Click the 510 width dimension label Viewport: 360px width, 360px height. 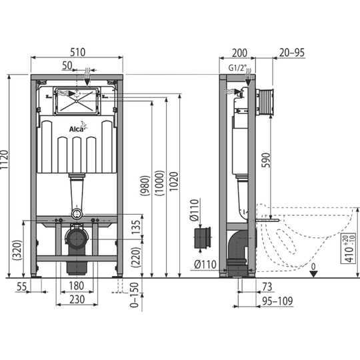pyautogui.click(x=77, y=52)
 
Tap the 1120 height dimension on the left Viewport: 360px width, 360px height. pyautogui.click(x=4, y=160)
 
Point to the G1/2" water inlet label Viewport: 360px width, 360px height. pyautogui.click(x=237, y=68)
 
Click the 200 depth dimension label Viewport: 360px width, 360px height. pyautogui.click(x=239, y=53)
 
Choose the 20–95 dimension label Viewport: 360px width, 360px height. pyautogui.click(x=292, y=53)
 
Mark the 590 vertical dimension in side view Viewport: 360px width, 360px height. pyautogui.click(x=266, y=160)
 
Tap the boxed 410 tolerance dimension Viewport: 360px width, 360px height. pyautogui.click(x=349, y=248)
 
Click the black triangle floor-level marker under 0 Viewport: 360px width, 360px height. pyautogui.click(x=313, y=274)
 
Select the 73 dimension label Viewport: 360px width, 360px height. pyautogui.click(x=267, y=287)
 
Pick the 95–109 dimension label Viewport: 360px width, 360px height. pyautogui.click(x=277, y=301)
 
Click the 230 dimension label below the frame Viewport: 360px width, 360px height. pyautogui.click(x=77, y=299)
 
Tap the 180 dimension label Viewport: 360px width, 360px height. pyautogui.click(x=77, y=286)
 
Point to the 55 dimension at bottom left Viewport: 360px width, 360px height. pyautogui.click(x=22, y=287)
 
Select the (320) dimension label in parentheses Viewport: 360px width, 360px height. pyautogui.click(x=18, y=250)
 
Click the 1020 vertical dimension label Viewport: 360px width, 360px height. pyautogui.click(x=174, y=181)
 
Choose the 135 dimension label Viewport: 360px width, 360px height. pyautogui.click(x=136, y=227)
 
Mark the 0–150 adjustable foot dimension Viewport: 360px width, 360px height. pyautogui.click(x=135, y=295)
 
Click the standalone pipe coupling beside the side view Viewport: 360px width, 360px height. pyautogui.click(x=203, y=238)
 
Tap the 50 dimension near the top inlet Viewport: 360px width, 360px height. pyautogui.click(x=67, y=65)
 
